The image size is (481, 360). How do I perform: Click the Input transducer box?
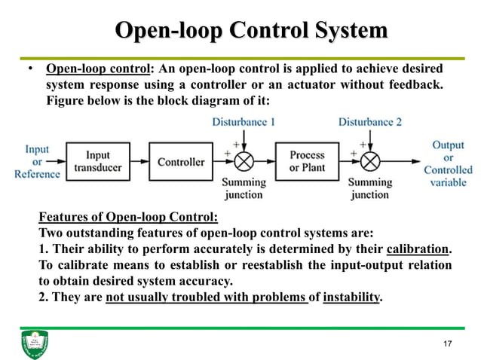[98, 162]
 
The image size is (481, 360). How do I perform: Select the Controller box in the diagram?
[181, 162]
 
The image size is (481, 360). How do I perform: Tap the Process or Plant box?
[307, 161]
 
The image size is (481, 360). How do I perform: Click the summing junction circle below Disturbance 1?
[244, 161]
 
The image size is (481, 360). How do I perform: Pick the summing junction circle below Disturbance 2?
[370, 161]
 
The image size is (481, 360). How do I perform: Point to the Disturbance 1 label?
[243, 121]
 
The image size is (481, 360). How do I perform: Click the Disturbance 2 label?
[369, 121]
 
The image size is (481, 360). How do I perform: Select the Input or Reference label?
[37, 162]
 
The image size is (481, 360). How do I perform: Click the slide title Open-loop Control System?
[250, 31]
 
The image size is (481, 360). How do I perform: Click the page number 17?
[448, 344]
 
